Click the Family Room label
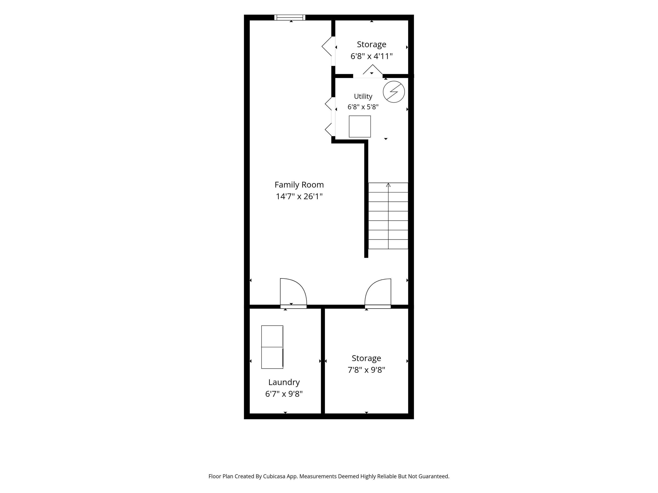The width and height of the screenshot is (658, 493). [x=299, y=185]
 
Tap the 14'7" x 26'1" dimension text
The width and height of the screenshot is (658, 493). [x=299, y=196]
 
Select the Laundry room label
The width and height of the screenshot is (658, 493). [x=284, y=382]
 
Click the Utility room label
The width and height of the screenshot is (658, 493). [x=363, y=97]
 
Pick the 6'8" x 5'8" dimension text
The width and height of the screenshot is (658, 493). [x=363, y=107]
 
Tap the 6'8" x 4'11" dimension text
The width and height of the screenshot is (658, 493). [x=372, y=56]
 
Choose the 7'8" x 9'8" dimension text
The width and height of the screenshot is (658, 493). [x=366, y=370]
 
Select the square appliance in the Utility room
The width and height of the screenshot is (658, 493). [x=360, y=127]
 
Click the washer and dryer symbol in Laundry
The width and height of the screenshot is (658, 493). [x=272, y=347]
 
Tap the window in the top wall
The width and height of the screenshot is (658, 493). [x=290, y=18]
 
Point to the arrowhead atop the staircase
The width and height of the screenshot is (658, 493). [x=388, y=185]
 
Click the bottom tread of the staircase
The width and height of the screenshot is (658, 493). [x=388, y=244]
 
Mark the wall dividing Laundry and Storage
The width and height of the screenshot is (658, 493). [x=323, y=361]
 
